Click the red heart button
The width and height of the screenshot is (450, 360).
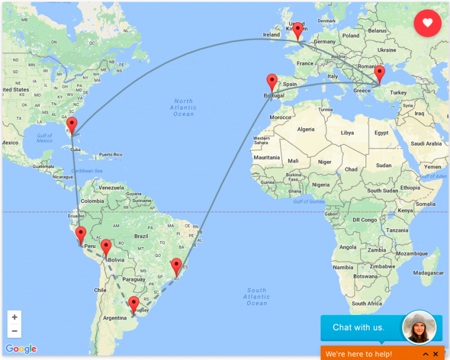tap(428, 23)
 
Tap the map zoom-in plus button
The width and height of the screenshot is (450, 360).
tap(15, 317)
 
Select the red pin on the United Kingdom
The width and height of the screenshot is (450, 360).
tap(298, 30)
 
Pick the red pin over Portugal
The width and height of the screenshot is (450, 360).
tap(272, 82)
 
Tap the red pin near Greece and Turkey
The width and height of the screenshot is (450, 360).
tap(380, 74)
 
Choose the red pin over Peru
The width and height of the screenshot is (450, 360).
tap(81, 234)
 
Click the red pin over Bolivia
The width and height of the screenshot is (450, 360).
tap(106, 247)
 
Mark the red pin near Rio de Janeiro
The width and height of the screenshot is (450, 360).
tap(176, 266)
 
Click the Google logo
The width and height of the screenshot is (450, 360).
tap(21, 349)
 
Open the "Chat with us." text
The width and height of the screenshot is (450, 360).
tap(359, 327)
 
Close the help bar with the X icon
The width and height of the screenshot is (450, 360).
tap(435, 354)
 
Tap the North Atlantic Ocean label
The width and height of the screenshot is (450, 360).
tap(183, 108)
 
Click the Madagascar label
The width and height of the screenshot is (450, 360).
tap(428, 273)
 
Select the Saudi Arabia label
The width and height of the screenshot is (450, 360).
tap(426, 143)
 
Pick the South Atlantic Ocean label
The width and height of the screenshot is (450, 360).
tap(257, 296)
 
